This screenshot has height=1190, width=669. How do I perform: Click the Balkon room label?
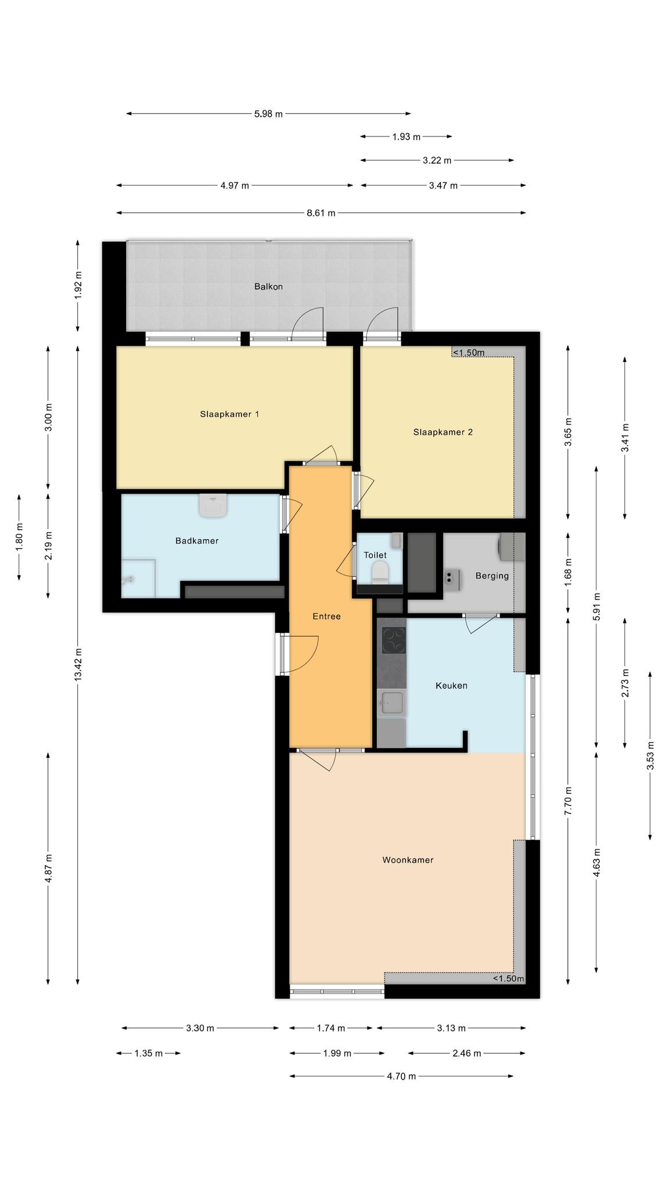coord(268,286)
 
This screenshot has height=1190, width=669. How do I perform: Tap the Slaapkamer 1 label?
coord(229,414)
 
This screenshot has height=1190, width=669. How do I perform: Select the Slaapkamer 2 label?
coord(443,432)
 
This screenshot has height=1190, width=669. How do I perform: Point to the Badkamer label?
coord(197,541)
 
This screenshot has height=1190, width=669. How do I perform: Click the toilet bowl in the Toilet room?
coord(380,571)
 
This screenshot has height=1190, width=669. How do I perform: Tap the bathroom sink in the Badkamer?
coord(213,505)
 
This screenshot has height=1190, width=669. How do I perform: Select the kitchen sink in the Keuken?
coord(391,703)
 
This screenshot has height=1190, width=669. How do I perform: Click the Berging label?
coord(492,576)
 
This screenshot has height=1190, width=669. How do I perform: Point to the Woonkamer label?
coord(408,860)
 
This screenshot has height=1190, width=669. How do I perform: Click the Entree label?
coord(326,616)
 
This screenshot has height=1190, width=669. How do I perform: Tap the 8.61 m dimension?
coord(321,213)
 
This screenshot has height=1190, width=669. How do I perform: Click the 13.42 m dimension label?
coord(78,664)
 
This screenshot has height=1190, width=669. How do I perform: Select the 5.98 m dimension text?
coord(268,114)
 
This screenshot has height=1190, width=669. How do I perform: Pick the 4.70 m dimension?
coord(401,1076)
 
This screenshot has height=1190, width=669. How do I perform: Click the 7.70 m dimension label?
coord(569,801)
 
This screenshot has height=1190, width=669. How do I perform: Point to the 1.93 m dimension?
coord(406,137)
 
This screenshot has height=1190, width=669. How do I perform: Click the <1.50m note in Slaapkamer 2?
coord(469,353)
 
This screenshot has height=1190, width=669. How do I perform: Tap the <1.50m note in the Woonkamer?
coord(509,979)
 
